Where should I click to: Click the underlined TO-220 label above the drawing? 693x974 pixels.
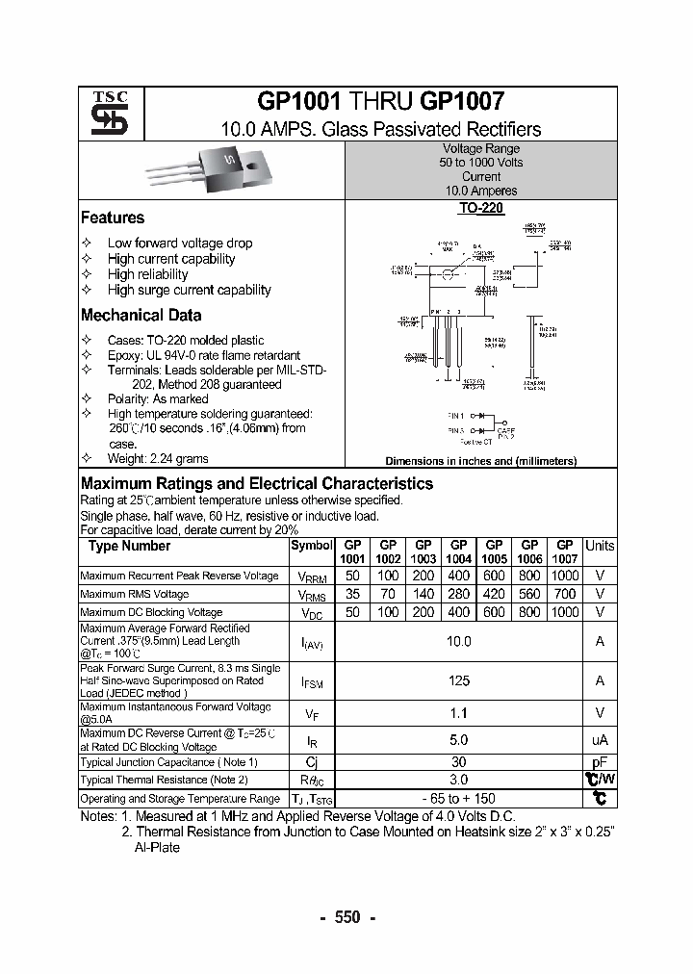tap(480, 208)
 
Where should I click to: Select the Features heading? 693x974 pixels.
tap(113, 218)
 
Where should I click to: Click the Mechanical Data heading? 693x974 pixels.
tap(141, 316)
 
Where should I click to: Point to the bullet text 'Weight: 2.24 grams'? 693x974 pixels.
tap(158, 459)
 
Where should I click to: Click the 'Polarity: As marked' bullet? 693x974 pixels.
tap(158, 398)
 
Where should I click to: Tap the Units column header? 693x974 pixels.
tap(600, 546)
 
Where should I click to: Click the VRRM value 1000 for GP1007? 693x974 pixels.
tap(565, 576)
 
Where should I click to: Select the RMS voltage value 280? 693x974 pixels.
tap(459, 594)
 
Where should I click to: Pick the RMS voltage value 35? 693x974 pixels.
tap(352, 594)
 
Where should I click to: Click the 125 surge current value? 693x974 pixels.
tap(459, 680)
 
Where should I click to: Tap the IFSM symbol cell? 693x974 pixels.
tap(312, 681)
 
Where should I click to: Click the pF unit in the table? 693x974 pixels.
tap(600, 761)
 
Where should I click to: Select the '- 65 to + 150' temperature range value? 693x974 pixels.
tap(459, 799)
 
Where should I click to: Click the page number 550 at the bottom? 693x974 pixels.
tap(346, 917)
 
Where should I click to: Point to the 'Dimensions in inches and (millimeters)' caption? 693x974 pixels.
tap(480, 461)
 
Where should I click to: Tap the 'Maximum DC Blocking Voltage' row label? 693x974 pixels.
tap(151, 612)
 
